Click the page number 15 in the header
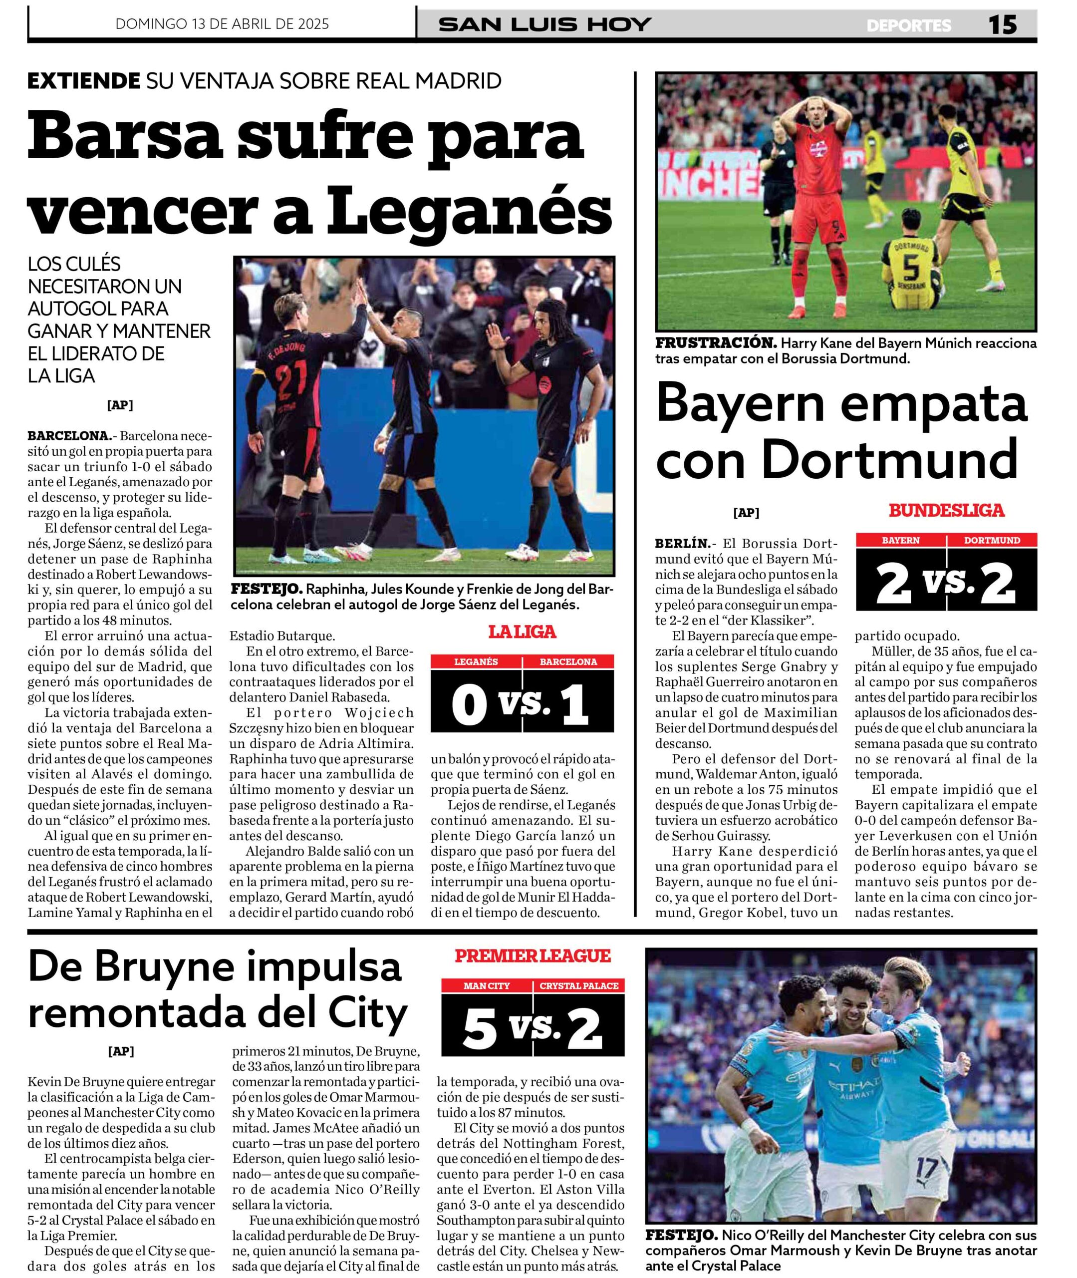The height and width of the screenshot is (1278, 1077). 1003,24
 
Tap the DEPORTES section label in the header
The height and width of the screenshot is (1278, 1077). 908,25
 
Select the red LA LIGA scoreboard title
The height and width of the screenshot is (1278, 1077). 522,632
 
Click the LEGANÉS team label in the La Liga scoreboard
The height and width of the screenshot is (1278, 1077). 476,662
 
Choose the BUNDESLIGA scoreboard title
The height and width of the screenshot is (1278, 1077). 946,511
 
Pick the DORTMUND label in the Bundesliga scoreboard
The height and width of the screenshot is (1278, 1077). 992,540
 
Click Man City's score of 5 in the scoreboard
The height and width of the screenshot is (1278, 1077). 481,1028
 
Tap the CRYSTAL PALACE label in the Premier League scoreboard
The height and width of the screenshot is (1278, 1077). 579,986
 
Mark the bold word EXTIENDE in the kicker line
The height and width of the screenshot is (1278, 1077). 84,80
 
